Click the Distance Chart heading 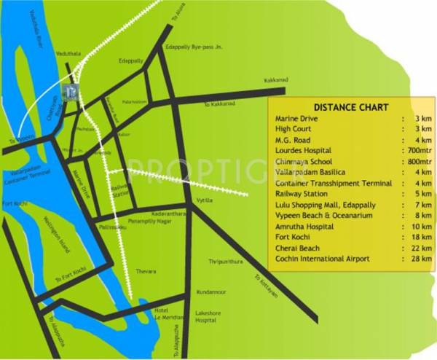click(346, 106)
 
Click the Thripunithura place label click(224, 261)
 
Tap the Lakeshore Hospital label click(207, 317)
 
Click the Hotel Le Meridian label click(162, 313)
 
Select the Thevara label click(146, 272)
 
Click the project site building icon click(71, 90)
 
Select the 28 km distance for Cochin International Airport click(424, 259)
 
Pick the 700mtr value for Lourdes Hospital click(420, 150)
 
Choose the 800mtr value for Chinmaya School click(420, 161)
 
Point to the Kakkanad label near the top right click(276, 79)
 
